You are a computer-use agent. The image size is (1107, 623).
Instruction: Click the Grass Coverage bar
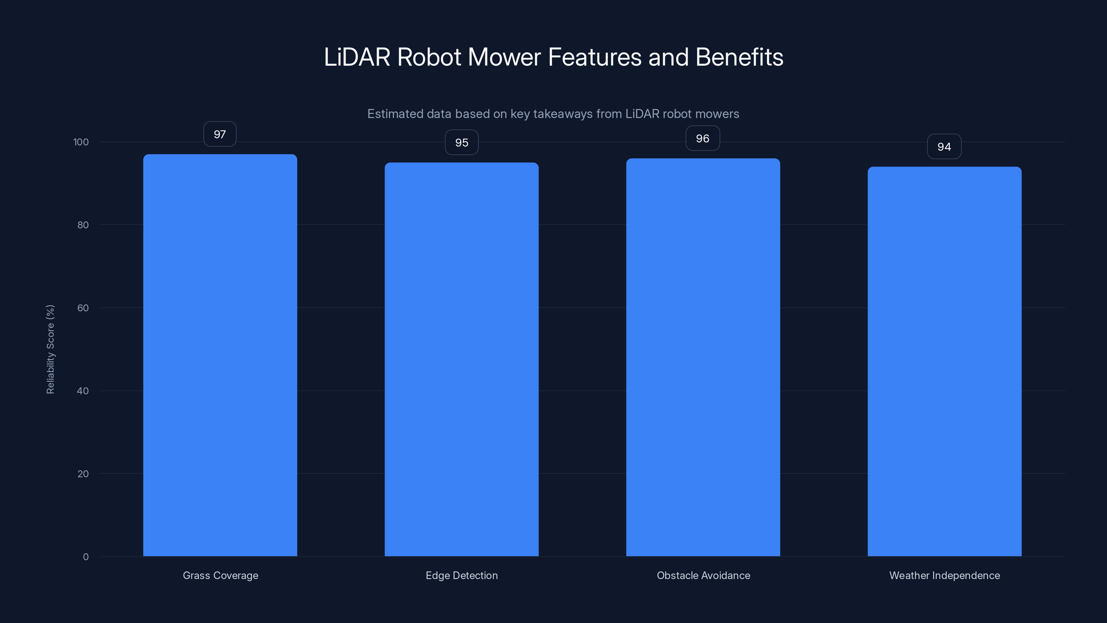(x=220, y=355)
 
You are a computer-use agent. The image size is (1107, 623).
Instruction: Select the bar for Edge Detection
(x=461, y=360)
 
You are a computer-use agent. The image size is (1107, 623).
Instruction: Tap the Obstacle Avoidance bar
(x=703, y=357)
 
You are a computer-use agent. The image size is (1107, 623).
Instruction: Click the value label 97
(x=220, y=134)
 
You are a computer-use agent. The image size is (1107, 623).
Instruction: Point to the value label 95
(x=461, y=142)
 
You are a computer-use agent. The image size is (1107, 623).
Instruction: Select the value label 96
(x=703, y=138)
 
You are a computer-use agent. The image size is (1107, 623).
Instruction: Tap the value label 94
(x=944, y=147)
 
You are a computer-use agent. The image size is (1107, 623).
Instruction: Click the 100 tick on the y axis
(x=81, y=142)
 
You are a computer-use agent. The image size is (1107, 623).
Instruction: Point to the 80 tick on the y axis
(x=83, y=225)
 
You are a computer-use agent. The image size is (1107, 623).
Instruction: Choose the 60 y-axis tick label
(x=83, y=308)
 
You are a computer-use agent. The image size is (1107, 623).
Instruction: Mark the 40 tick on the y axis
(x=83, y=391)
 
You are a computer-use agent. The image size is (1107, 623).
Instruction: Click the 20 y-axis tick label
(x=83, y=474)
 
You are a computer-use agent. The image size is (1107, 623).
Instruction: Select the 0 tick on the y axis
(x=85, y=557)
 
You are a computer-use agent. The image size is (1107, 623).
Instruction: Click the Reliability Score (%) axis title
(x=50, y=349)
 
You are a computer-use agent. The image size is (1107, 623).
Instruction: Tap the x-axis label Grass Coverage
(x=220, y=575)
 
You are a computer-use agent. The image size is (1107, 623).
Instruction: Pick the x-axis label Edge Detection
(x=461, y=575)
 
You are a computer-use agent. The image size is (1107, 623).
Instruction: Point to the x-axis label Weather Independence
(x=944, y=575)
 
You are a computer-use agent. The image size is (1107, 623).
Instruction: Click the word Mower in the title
(x=504, y=57)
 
